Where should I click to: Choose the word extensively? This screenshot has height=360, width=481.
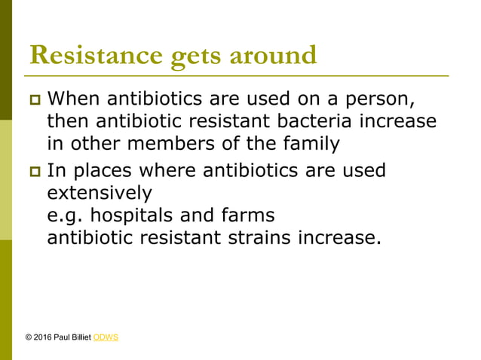click(99, 194)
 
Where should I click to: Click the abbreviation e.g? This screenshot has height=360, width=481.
click(63, 216)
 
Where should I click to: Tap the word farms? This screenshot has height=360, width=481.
click(244, 216)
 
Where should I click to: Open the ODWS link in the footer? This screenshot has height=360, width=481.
click(106, 337)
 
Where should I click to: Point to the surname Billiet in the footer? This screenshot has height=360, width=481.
click(81, 337)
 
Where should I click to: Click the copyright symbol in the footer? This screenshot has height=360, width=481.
click(29, 337)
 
